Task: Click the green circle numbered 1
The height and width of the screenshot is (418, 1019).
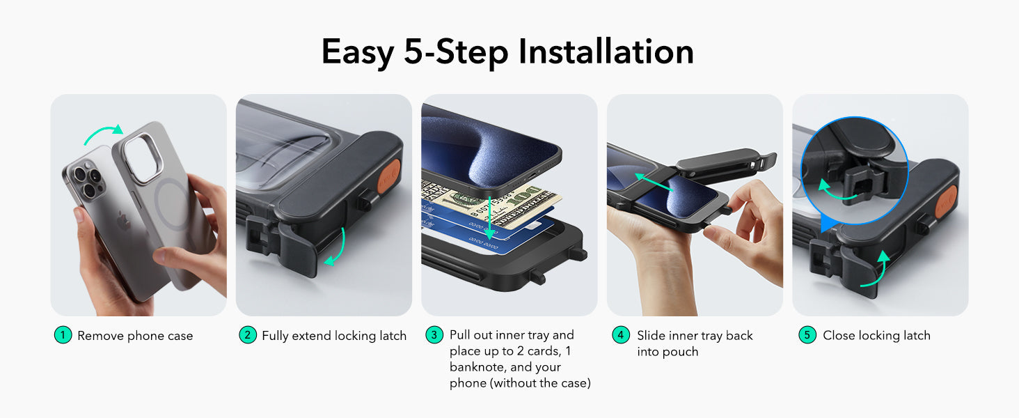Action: coord(63,335)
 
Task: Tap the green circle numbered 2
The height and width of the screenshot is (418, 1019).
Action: coord(248,335)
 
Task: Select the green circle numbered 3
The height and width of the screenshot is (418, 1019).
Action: coord(434,335)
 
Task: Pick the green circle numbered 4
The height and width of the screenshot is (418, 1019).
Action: coord(621,335)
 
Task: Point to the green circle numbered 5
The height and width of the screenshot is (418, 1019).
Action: coord(807,335)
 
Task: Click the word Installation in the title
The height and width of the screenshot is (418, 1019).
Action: coord(606,52)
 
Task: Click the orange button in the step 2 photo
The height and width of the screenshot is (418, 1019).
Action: coord(389,176)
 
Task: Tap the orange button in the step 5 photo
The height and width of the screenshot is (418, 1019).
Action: coord(946,202)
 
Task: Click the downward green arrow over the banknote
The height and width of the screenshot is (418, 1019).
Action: coord(489,219)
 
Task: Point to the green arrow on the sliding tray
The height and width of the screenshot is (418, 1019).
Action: coord(654,182)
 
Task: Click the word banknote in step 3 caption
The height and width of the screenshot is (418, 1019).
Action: coord(476,367)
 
